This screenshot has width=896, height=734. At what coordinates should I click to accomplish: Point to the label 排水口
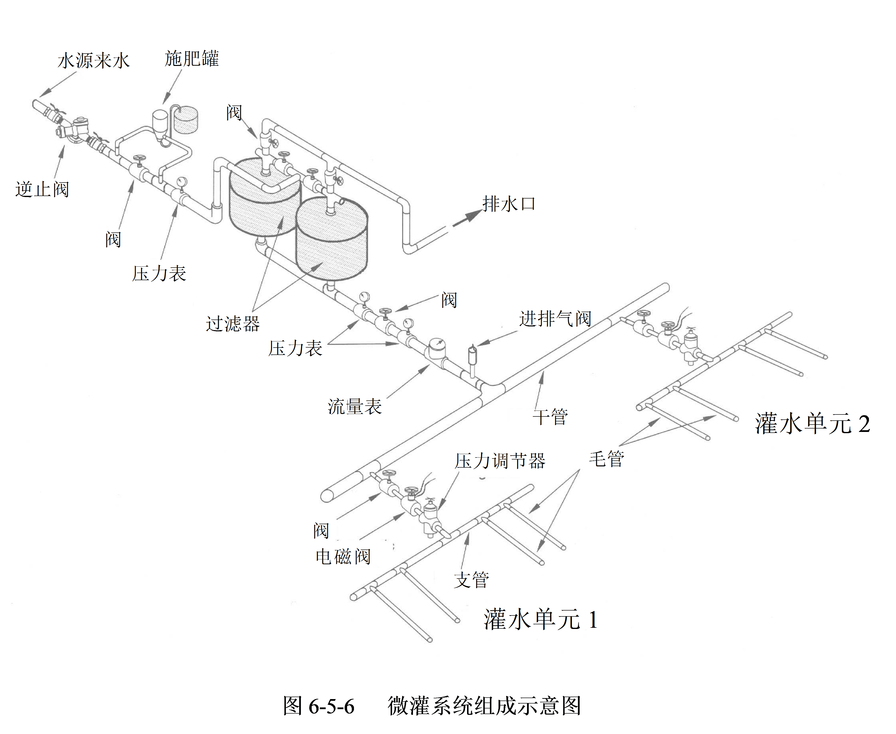pos(509,204)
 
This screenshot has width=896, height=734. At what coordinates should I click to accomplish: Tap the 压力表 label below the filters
pos(295,348)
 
